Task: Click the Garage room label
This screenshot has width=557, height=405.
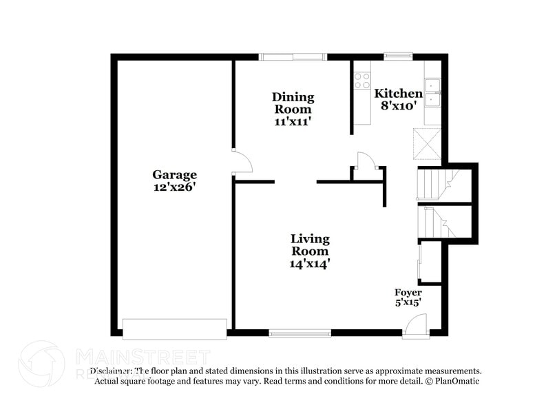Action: point(174,175)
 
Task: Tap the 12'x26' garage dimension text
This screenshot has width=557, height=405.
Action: point(174,187)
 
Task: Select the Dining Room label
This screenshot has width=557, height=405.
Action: point(293,103)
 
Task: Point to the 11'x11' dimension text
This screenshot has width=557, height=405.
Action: point(293,121)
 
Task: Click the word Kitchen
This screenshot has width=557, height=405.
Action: point(398,94)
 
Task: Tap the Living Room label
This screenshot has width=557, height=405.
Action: point(310,245)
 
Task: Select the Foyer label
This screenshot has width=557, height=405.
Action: point(408,293)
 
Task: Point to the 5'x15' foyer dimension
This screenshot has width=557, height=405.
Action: point(408,302)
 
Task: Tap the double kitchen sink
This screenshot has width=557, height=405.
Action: point(434,93)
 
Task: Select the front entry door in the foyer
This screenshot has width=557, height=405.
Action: point(416,325)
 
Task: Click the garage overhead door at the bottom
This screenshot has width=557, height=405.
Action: point(175,329)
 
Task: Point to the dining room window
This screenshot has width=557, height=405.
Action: point(293,56)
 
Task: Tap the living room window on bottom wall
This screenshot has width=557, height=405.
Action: point(299,334)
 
